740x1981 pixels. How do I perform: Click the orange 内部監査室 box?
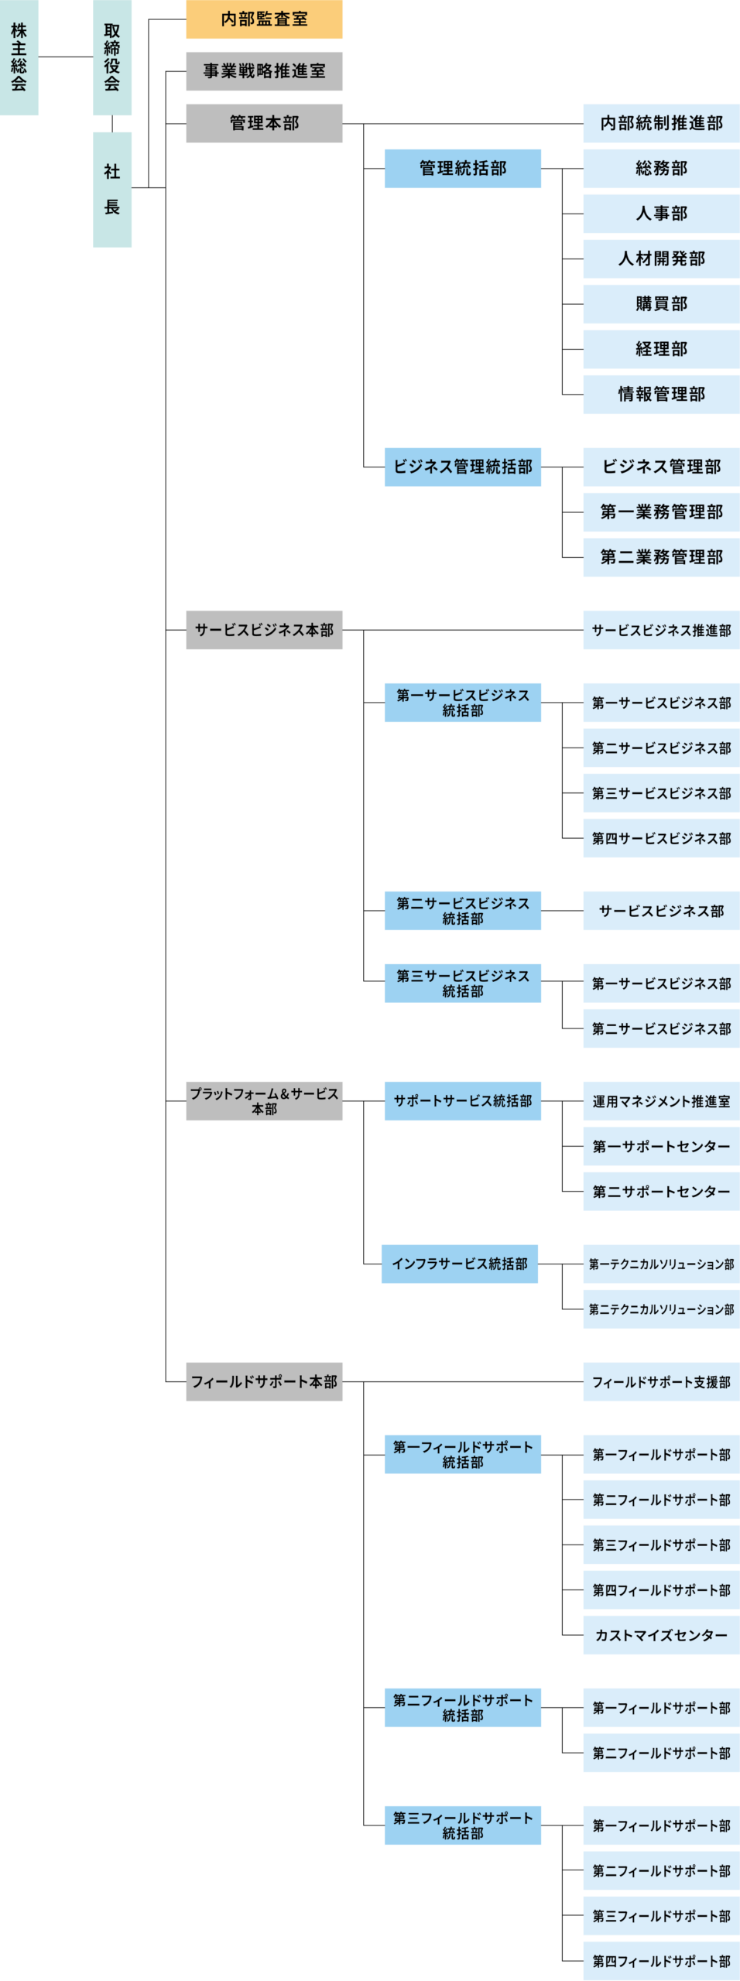coord(264,19)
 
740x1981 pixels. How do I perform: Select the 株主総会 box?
coord(19,58)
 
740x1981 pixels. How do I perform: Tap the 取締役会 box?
coord(112,58)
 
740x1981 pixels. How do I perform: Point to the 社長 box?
coord(112,190)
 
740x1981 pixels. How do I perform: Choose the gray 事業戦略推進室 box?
coord(264,71)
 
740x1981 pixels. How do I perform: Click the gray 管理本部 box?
coord(264,123)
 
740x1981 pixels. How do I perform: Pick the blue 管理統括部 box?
coord(462,169)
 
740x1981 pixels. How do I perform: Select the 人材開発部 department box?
coord(661,258)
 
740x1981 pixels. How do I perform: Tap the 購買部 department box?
coord(661,304)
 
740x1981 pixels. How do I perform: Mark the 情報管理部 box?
coord(661,395)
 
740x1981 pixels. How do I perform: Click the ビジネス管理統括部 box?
coord(462,467)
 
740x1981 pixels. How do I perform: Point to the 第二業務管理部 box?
coord(661,557)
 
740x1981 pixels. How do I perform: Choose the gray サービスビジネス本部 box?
coord(264,630)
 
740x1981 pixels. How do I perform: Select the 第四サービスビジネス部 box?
coord(661,839)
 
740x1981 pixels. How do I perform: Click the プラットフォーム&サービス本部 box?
coord(264,1101)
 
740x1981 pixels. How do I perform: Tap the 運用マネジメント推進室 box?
coord(661,1101)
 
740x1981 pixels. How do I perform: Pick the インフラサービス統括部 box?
coord(460,1264)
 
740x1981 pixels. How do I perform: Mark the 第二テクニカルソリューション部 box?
coord(661,1309)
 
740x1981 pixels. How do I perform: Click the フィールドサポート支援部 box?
coord(661,1382)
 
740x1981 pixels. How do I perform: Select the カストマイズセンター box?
coord(661,1635)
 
